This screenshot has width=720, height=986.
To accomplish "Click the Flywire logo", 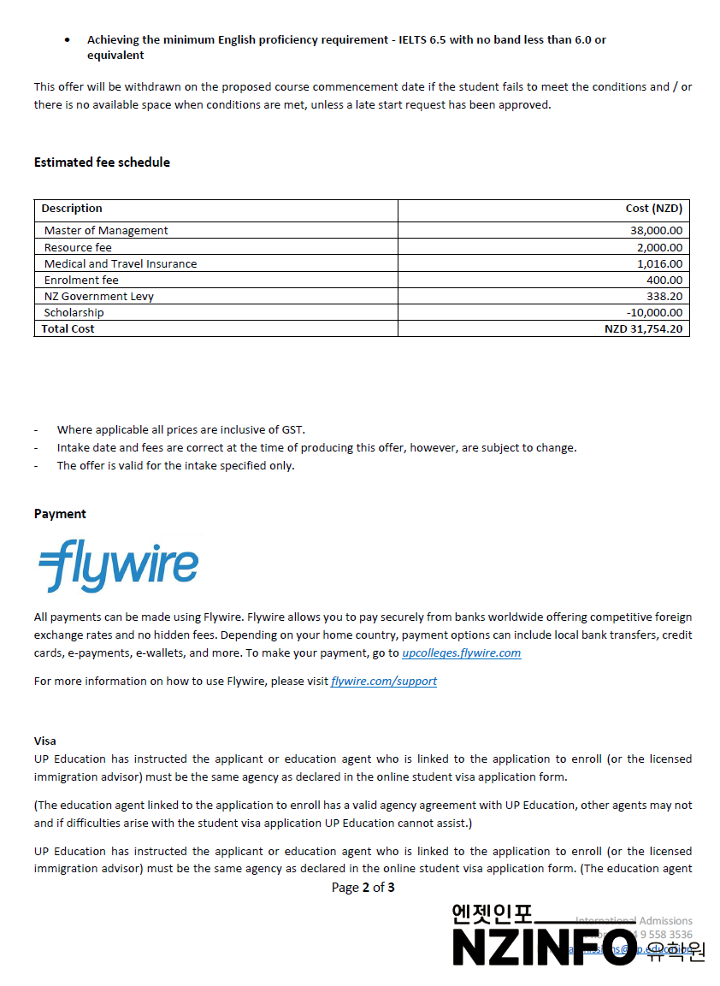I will pyautogui.click(x=118, y=565).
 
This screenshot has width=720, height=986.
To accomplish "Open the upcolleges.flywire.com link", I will pyautogui.click(x=461, y=653).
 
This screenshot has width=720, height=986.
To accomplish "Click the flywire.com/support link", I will pyautogui.click(x=384, y=682).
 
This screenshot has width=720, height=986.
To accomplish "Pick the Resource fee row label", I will pyautogui.click(x=78, y=247).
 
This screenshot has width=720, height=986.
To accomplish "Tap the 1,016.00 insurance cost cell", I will pyautogui.click(x=659, y=264).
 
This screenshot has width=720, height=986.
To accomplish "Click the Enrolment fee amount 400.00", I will pyautogui.click(x=664, y=280).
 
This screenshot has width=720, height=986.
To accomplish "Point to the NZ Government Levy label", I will pyautogui.click(x=99, y=297).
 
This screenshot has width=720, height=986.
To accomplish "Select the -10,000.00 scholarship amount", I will pyautogui.click(x=654, y=313).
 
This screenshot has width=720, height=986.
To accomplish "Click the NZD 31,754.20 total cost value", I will pyautogui.click(x=643, y=329).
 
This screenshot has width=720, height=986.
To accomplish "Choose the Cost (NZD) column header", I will pyautogui.click(x=654, y=209).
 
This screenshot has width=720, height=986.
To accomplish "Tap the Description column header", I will pyautogui.click(x=72, y=209).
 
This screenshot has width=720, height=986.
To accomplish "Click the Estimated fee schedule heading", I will pyautogui.click(x=102, y=162).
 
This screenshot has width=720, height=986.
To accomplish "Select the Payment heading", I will pyautogui.click(x=60, y=514).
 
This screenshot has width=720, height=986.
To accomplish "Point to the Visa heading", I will pyautogui.click(x=45, y=741).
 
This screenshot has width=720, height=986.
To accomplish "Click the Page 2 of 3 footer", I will pyautogui.click(x=363, y=888).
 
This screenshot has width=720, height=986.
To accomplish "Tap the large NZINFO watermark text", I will pyautogui.click(x=546, y=948).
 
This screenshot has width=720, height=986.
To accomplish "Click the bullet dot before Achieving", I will pyautogui.click(x=68, y=40).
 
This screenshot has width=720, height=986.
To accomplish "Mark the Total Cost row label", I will pyautogui.click(x=68, y=329).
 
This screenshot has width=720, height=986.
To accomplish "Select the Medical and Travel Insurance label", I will pyautogui.click(x=121, y=264).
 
